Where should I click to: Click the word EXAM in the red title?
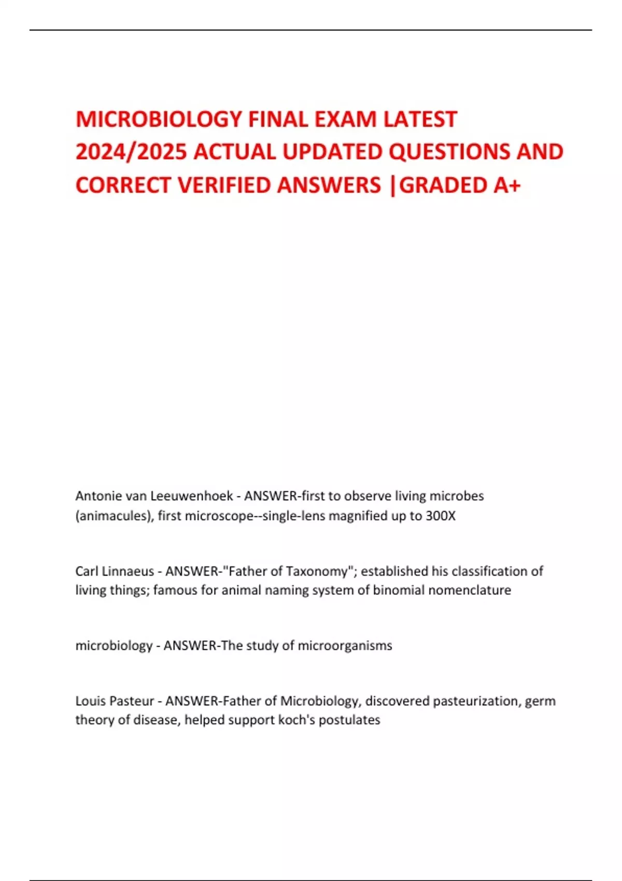click(x=346, y=119)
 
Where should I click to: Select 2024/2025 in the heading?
click(x=131, y=152)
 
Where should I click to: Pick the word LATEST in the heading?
click(x=420, y=119)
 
